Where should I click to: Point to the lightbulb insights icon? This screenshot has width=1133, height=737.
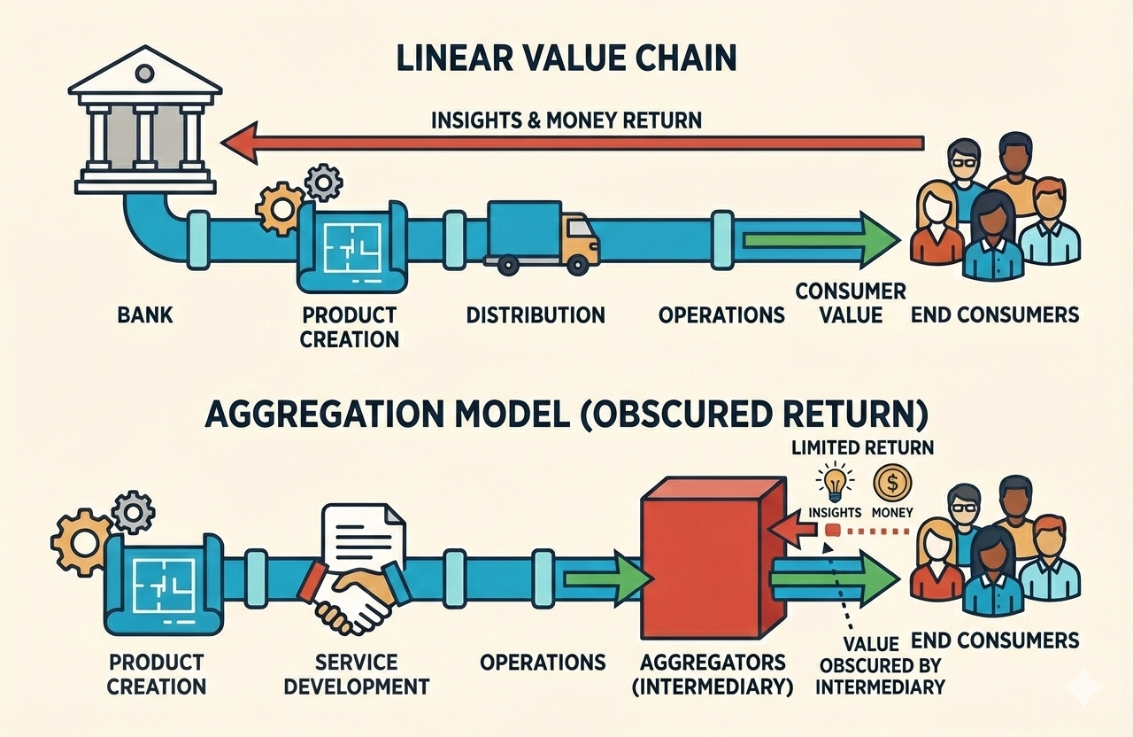835,484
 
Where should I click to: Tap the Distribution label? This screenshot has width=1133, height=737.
536,314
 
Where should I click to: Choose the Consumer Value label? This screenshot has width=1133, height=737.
850,303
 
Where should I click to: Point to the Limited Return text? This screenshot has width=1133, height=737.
862,447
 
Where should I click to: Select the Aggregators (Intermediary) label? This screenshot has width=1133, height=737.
714,674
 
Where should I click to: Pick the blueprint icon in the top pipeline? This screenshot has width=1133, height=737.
351,246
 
